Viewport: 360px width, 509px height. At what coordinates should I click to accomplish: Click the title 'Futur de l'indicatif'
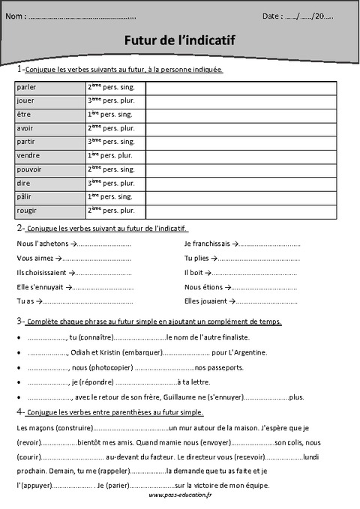179,43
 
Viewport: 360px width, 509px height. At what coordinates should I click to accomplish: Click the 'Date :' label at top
273,16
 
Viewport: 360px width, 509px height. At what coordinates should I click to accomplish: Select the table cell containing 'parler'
49,87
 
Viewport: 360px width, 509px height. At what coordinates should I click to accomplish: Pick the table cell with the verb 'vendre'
49,155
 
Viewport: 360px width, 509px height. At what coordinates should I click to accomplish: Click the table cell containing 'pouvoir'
49,169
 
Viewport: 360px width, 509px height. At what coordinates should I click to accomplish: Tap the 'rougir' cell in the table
49,210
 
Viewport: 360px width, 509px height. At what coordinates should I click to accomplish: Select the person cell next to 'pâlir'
115,196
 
